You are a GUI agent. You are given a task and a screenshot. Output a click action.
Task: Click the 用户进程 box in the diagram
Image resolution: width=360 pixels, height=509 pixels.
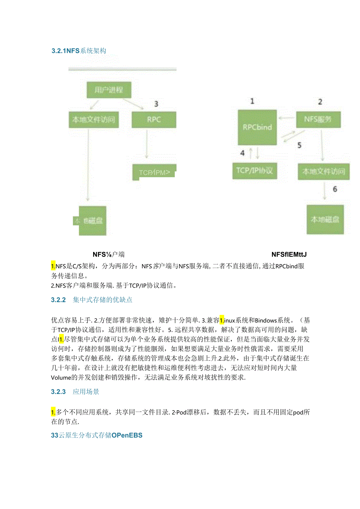click(108, 90)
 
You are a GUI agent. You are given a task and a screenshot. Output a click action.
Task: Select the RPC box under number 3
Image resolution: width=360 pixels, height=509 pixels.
click(154, 119)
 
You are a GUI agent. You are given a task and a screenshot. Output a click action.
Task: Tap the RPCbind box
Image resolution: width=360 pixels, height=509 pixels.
click(257, 127)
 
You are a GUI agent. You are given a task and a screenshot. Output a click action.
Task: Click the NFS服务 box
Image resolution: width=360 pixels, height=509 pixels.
click(318, 119)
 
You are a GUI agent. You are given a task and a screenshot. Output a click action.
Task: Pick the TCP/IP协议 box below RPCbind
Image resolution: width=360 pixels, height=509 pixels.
click(254, 171)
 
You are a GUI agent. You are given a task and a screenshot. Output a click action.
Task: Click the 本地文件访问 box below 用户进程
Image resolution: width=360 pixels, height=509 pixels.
click(94, 119)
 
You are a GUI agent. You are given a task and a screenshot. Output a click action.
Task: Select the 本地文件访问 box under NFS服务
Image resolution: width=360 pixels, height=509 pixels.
click(324, 171)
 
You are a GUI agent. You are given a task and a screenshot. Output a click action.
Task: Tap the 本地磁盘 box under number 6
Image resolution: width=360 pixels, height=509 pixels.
click(325, 219)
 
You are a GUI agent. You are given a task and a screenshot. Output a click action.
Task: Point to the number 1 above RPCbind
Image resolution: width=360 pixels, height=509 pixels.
click(252, 101)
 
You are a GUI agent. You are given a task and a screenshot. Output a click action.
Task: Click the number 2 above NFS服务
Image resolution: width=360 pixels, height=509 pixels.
click(320, 102)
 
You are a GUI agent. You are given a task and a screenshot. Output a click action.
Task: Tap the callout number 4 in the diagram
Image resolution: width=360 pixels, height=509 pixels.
click(242, 153)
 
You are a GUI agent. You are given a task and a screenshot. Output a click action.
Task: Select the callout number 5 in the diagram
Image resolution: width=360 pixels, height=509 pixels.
click(299, 145)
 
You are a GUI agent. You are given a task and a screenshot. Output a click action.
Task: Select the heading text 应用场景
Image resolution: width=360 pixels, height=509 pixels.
click(86, 392)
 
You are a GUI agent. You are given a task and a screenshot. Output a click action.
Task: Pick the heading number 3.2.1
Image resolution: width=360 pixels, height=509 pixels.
click(59, 50)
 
